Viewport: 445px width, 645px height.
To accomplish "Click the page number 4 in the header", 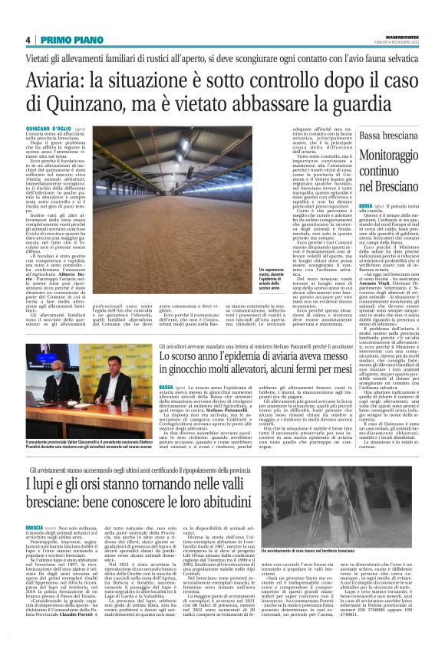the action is point(28,40).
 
